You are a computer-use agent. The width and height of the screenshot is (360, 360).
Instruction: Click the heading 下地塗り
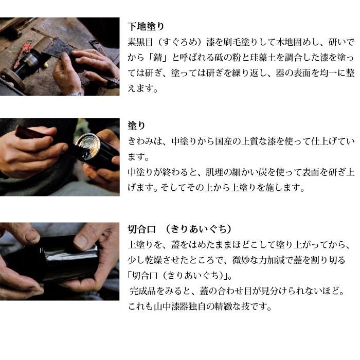pos(146,26)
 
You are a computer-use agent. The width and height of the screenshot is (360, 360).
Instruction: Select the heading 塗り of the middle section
pos(137,125)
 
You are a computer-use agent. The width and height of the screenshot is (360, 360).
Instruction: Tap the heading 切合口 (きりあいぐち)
pos(179,229)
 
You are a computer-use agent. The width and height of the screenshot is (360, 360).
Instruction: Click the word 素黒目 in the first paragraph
pos(140,42)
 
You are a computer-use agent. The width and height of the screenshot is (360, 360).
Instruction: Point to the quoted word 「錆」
pos(158,58)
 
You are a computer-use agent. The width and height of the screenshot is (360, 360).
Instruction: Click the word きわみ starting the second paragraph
pos(140,141)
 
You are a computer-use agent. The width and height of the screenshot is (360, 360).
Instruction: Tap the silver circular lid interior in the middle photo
pos(88,145)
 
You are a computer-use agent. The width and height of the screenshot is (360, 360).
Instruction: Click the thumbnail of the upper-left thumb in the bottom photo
pos(32,236)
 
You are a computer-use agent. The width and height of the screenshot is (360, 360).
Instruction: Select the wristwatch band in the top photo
pos(75,94)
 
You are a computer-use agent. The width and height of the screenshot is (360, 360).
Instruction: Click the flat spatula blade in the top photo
pos(55,48)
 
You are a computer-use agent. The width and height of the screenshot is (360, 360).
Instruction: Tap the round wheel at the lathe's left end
pos(13,79)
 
